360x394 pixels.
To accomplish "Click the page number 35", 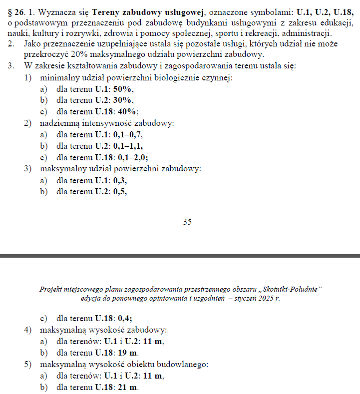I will (187, 222).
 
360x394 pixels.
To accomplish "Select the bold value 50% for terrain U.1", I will (123, 89).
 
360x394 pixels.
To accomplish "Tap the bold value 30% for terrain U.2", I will (123, 100).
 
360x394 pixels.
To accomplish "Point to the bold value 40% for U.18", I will (128, 111).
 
